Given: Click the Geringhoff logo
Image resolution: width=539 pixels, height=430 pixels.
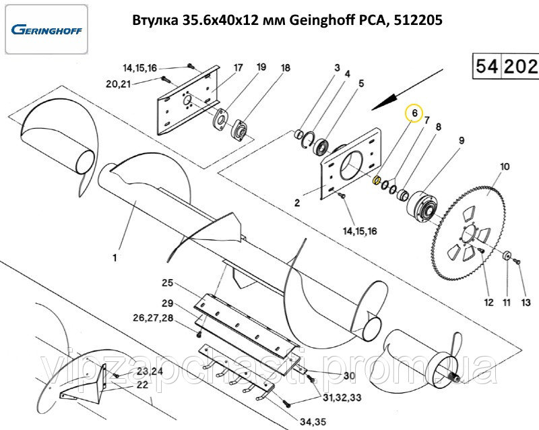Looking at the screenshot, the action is [x=46, y=30].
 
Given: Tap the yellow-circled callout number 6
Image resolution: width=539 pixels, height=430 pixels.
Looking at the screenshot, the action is [x=414, y=113].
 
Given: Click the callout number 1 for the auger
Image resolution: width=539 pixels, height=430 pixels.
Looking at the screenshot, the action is [x=115, y=257].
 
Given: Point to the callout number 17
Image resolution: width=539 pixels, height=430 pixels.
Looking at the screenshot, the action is [x=239, y=68].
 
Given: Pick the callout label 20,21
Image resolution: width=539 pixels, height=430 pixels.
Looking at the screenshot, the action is [x=119, y=84].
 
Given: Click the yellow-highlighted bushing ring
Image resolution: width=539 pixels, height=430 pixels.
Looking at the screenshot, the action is [x=377, y=179].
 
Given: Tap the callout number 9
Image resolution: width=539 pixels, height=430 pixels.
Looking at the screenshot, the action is [x=462, y=140].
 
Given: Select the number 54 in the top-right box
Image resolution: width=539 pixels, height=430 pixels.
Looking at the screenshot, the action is [x=486, y=66].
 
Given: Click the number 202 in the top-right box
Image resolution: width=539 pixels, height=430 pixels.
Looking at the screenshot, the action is [x=521, y=66].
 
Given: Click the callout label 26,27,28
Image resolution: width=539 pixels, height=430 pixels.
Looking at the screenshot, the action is [x=153, y=318].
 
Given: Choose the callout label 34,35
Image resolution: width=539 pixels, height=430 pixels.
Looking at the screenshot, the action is [x=313, y=421].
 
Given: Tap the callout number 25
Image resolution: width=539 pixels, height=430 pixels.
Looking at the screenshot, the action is [x=167, y=283].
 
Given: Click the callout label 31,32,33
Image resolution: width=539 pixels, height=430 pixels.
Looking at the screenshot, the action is [x=342, y=398].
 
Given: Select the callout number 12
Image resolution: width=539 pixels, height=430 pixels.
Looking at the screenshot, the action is [x=489, y=303].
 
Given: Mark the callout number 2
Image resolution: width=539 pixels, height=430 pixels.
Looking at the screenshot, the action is [x=297, y=203].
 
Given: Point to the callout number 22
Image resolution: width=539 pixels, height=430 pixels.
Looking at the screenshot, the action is [x=142, y=385].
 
